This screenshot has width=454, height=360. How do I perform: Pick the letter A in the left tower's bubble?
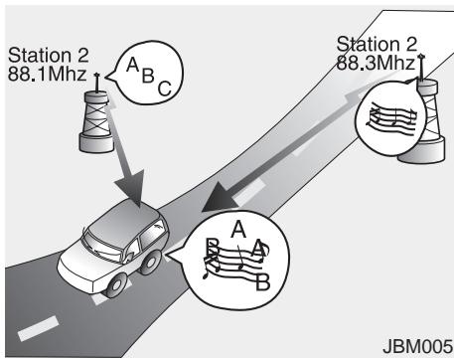[x=131, y=67]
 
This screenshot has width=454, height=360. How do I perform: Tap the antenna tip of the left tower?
[x=97, y=75]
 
